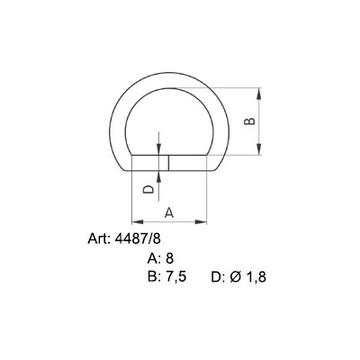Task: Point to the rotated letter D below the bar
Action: coord(148,190)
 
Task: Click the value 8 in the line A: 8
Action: coord(168,258)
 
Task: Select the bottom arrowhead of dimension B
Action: coord(260,153)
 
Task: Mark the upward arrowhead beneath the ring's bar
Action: coord(158,175)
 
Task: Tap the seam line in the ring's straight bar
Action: coord(167,163)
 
